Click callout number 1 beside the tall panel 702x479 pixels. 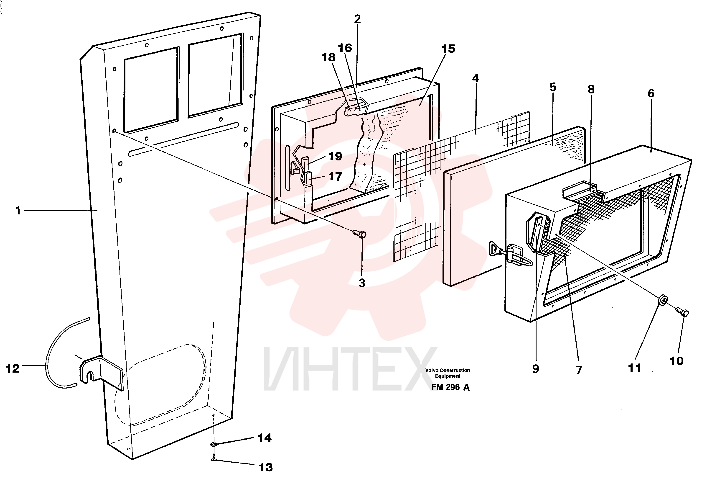(18, 211)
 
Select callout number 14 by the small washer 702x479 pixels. (265, 438)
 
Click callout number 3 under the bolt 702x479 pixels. (362, 283)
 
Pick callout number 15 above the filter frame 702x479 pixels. (448, 49)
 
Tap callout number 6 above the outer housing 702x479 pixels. (651, 93)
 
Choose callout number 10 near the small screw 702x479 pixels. (677, 361)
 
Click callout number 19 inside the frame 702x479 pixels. (335, 156)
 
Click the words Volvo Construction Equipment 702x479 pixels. (448, 373)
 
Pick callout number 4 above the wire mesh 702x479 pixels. (476, 78)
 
